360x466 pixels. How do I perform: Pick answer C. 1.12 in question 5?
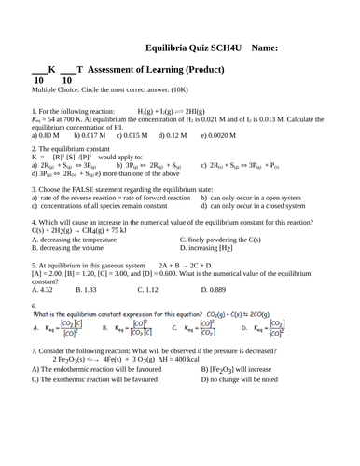click(x=148, y=290)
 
